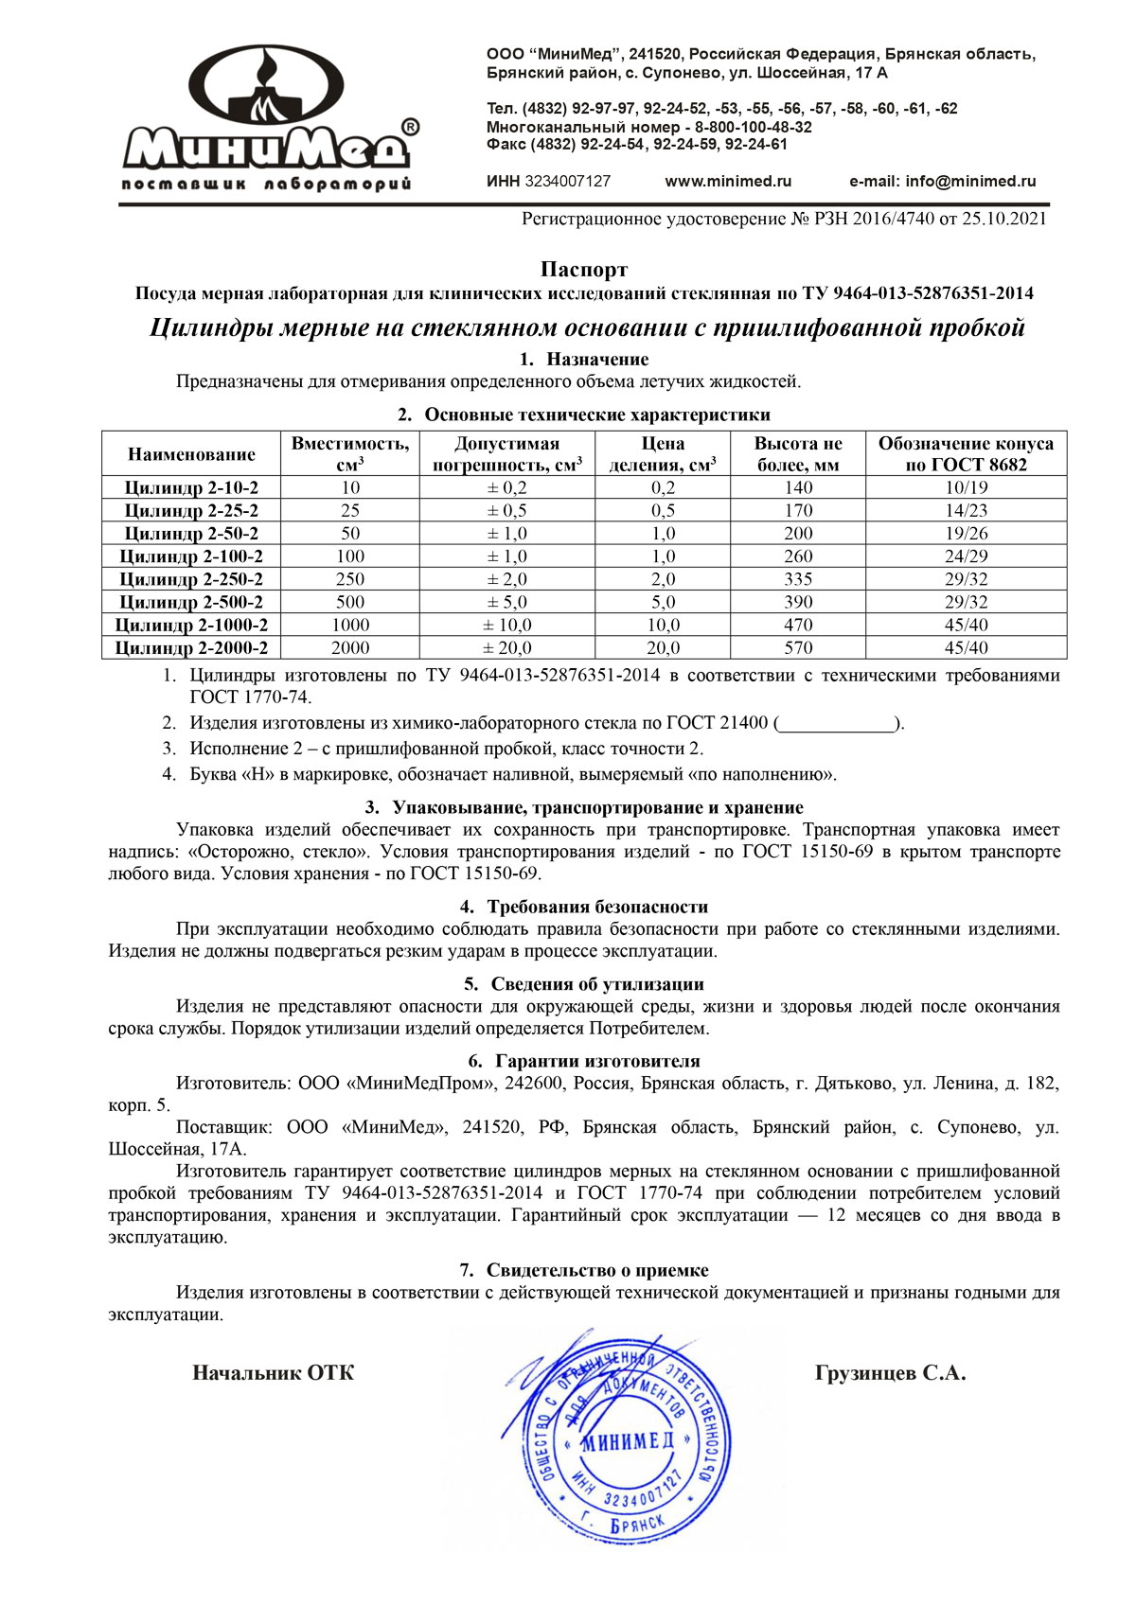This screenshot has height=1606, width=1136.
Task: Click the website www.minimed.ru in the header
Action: [x=728, y=181]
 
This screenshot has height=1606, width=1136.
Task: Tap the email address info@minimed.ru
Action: [x=970, y=181]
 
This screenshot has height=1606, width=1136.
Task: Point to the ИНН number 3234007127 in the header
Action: [x=567, y=181]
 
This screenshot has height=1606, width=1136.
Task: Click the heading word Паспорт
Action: [x=584, y=271]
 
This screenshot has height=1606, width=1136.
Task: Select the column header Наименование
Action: [x=191, y=454]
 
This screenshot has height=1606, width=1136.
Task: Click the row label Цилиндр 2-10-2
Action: [x=191, y=487]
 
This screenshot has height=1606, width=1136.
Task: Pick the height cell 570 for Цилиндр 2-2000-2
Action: [x=798, y=648]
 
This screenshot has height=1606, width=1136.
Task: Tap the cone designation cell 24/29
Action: [x=966, y=556]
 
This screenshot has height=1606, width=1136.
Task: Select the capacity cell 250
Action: [x=350, y=579]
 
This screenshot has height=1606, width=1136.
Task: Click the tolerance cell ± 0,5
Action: [x=506, y=510]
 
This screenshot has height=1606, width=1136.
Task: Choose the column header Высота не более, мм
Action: [x=798, y=454]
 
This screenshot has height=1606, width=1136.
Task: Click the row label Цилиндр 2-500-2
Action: [x=191, y=602]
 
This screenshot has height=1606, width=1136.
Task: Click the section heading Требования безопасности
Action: [x=597, y=907]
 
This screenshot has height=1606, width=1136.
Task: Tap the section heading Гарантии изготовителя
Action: [x=597, y=1061]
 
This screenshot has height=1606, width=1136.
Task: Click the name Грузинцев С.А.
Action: [x=890, y=1373]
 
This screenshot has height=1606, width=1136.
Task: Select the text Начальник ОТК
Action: [x=274, y=1373]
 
